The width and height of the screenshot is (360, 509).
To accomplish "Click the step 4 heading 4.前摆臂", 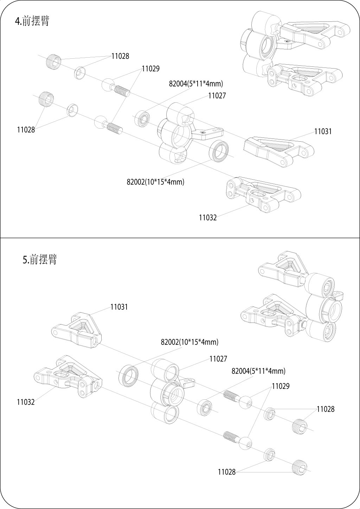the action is (32, 21).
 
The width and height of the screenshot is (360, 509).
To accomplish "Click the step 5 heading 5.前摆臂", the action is (40, 259).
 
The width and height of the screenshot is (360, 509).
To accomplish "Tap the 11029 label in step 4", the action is (151, 69).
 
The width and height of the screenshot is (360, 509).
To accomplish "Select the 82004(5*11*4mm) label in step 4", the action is (196, 84).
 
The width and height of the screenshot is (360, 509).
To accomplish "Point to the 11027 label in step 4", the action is (217, 96).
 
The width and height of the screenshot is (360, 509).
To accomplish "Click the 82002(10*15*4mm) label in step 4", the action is (155, 182).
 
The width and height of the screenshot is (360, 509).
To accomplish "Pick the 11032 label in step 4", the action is (208, 218).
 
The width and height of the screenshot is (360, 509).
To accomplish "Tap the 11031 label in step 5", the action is (119, 307).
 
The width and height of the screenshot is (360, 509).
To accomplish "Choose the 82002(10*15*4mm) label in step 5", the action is (189, 342).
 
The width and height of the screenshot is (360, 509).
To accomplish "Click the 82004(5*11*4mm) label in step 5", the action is (258, 371).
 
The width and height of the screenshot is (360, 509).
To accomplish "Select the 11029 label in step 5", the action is (281, 386).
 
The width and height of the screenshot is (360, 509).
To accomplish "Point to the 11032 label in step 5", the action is (26, 402).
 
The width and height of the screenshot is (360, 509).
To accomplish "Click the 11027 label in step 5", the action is (218, 359).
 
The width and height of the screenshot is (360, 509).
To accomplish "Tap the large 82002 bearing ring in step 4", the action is (219, 151).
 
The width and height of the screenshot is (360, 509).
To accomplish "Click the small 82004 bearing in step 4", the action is (142, 118).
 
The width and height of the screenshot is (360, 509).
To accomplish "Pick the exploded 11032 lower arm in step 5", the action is (68, 376).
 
